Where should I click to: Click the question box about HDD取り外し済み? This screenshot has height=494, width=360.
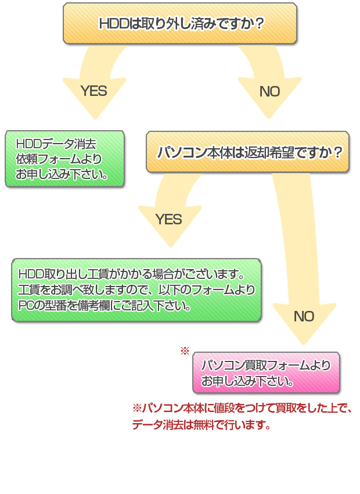coord(180,23)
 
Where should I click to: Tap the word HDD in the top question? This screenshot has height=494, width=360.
coord(111,24)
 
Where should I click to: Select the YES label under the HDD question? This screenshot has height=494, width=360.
coord(93,91)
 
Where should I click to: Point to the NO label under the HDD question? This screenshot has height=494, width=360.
coord(269,91)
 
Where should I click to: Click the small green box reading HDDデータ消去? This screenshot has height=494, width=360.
coord(64,159)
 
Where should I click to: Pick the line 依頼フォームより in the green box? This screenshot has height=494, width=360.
coord(58,159)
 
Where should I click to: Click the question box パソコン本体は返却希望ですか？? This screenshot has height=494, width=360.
coord(248,152)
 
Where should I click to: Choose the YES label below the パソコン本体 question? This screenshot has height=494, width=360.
coord(168,219)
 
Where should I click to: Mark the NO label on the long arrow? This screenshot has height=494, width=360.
coord(304,316)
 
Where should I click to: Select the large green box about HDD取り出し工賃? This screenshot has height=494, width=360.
coord(136,289)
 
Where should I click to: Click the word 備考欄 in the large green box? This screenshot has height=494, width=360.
coord(105,305)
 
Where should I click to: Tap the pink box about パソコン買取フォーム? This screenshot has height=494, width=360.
coord(266,373)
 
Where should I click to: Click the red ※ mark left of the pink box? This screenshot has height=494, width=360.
coord(185,351)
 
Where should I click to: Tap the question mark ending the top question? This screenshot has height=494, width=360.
coord(259,24)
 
